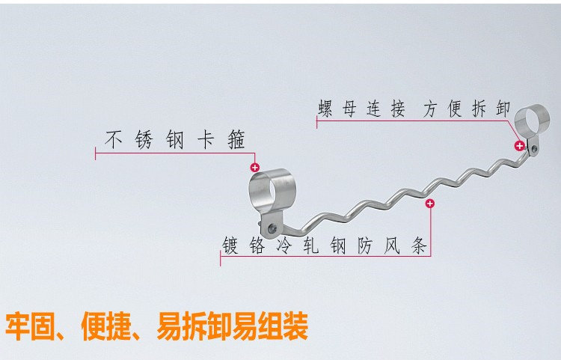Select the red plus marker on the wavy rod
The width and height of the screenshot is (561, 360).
(x=429, y=204)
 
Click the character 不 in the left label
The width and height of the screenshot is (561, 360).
(x=113, y=140)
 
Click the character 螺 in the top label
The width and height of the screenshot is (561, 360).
(x=325, y=110)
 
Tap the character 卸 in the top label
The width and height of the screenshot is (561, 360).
(x=503, y=110)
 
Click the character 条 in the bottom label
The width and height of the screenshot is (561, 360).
(x=420, y=245)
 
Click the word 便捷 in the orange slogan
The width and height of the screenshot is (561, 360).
(x=110, y=327)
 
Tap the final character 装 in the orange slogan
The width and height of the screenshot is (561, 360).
(x=295, y=327)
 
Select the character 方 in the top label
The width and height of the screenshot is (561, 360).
(x=429, y=110)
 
